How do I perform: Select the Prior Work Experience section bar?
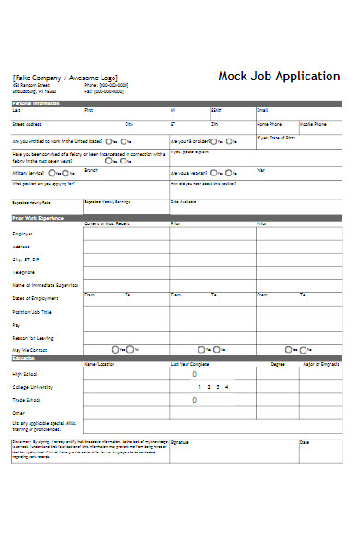38,217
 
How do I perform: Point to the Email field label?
262,110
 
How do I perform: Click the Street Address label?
27,123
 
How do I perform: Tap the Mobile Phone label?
313,123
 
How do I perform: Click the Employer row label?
22,234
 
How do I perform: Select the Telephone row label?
25,272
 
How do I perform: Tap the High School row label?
26,374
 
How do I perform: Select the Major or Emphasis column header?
320,364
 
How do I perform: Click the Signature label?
180,417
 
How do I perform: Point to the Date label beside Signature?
305,417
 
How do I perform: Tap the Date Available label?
183,200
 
